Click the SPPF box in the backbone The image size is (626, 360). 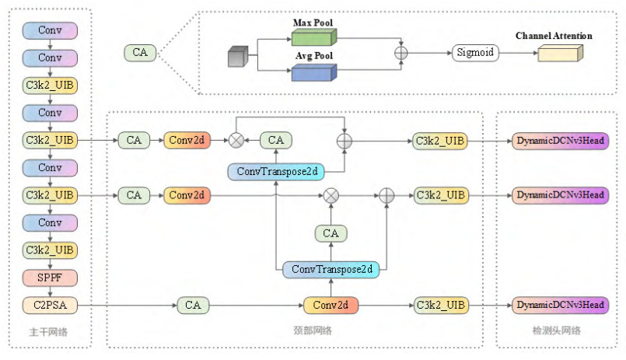(x=50, y=278)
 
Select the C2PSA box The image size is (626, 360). (x=50, y=305)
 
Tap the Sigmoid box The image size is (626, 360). (x=474, y=53)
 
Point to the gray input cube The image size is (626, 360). (x=237, y=58)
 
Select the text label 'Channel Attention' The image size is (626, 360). (x=554, y=36)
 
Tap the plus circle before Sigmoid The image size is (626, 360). (x=401, y=53)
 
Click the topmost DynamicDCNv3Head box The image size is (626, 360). (x=560, y=141)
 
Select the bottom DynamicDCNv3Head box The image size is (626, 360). (x=560, y=305)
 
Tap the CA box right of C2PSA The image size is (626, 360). (x=193, y=305)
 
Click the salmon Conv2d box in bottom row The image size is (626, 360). (x=331, y=305)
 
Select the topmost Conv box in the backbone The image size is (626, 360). (x=50, y=30)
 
